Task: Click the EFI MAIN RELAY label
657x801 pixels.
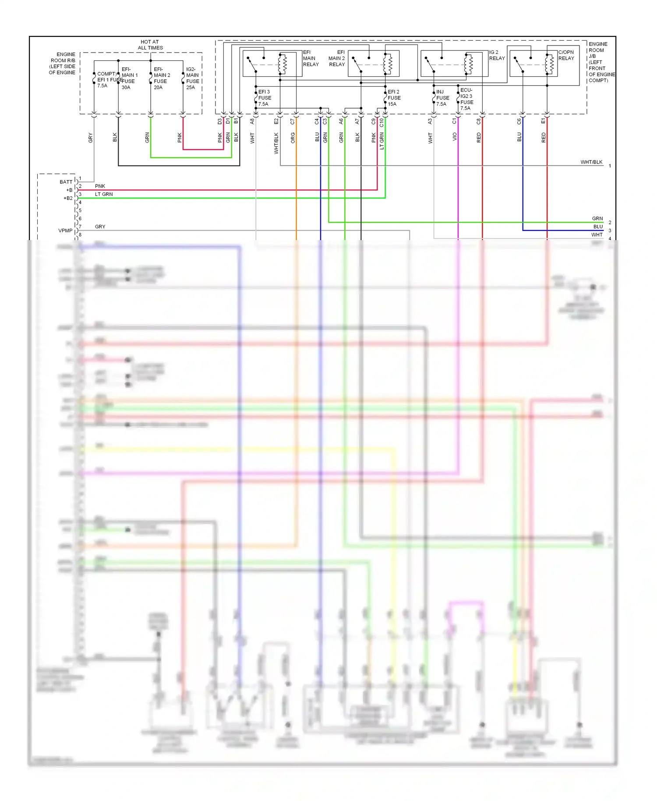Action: point(311,58)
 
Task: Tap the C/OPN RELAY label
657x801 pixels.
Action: point(566,55)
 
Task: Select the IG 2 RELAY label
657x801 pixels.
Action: point(497,55)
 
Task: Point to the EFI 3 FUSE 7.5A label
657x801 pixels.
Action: point(264,98)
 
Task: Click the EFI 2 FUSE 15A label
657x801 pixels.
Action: point(394,98)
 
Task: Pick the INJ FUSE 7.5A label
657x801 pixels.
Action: point(442,98)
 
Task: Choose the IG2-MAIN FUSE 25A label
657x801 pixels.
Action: point(192,78)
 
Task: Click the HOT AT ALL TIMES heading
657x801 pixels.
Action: point(150,45)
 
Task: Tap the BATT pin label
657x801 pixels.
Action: point(66,182)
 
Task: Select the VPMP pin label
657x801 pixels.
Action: point(65,230)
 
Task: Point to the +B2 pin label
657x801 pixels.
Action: point(68,198)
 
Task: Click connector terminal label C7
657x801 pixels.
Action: point(293,121)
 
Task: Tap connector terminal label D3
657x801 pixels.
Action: point(220,121)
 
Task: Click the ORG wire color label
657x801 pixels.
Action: point(293,138)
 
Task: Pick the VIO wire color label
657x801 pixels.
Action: point(455,137)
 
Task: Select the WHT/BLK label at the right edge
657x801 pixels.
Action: point(591,162)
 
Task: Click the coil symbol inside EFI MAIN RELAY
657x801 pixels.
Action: point(283,64)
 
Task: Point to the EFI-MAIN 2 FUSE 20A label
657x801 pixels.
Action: point(162,78)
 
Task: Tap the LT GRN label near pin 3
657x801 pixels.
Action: point(104,194)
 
